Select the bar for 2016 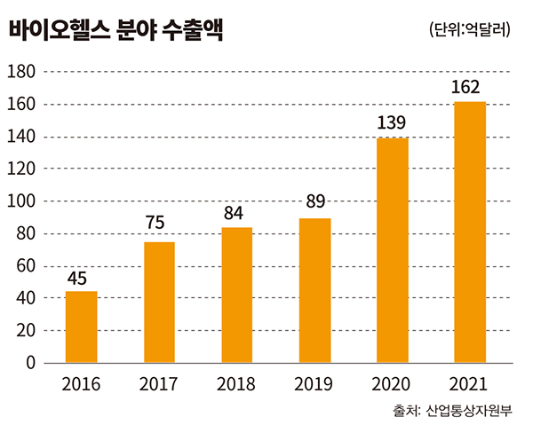82,327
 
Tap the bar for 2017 159,302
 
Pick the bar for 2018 237,295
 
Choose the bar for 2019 314,290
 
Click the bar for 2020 393,250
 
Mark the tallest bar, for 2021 470,232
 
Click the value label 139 392,122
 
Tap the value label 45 77,279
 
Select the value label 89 316,202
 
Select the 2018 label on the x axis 236,384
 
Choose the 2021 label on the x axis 470,384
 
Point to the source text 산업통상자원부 474,411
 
